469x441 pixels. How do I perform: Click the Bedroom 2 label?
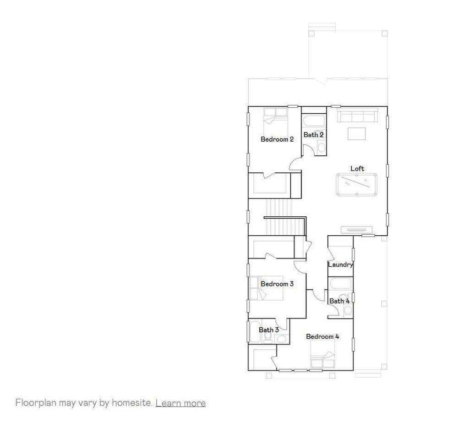277,139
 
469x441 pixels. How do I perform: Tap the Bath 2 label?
314,135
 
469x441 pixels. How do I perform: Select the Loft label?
357,169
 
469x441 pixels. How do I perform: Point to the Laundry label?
340,265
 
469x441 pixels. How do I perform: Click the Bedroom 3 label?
277,284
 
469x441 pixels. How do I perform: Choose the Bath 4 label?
339,301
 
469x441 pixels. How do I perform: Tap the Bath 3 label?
269,330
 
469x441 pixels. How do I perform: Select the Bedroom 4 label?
322,336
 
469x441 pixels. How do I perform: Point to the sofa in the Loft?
357,116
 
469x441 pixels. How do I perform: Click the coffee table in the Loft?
357,133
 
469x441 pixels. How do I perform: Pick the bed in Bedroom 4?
322,360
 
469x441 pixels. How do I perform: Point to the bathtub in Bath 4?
340,284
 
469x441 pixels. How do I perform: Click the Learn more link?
180,403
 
